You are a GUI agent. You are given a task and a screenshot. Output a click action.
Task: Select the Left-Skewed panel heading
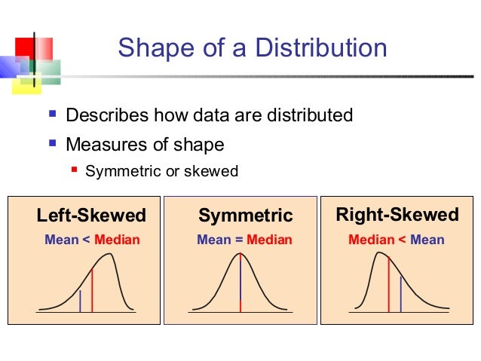[91, 216]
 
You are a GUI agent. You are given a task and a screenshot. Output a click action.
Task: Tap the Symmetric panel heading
[245, 216]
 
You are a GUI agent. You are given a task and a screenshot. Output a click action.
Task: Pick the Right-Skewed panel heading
[397, 215]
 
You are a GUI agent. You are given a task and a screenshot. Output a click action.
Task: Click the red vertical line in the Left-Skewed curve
[92, 290]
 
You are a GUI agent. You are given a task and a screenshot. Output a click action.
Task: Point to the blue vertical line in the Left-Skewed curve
[80, 300]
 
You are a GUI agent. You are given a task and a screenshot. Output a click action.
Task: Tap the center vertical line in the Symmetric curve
[240, 283]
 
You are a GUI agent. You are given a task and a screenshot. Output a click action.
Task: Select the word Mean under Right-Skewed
[427, 240]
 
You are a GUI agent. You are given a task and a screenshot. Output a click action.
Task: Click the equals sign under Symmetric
[238, 240]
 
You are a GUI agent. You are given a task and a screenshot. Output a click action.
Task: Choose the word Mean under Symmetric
[213, 240]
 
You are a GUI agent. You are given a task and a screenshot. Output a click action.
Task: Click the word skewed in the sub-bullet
[214, 172]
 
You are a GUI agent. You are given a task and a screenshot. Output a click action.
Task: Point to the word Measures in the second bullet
[98, 144]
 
